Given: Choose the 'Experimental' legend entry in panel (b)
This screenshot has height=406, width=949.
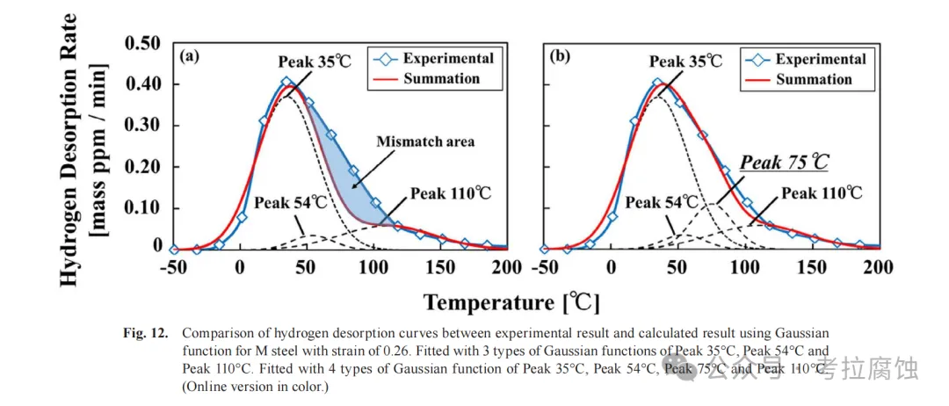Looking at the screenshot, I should click(820, 59).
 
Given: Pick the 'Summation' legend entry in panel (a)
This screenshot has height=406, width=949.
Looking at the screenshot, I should click(442, 78).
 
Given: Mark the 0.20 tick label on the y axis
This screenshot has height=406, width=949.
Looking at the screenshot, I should click(142, 166).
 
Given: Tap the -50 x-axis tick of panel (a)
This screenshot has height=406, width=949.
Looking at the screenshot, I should click(172, 269).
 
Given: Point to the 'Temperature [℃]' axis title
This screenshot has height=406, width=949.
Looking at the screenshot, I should click(512, 303).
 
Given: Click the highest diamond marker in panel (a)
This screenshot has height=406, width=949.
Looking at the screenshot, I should click(286, 82).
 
